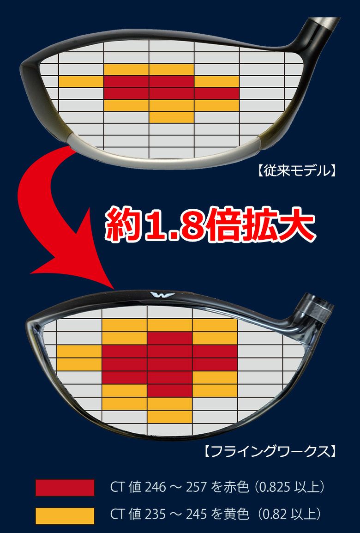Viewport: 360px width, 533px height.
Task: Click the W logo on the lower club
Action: point(162,295)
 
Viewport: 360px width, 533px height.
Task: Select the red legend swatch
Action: point(65,487)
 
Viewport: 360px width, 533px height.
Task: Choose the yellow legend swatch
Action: point(65,515)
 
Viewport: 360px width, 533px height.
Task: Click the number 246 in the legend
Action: point(156,487)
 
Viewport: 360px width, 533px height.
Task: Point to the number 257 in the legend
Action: point(196,487)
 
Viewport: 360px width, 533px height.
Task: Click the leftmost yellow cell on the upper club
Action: point(81,82)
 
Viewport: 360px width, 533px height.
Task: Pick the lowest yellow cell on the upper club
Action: point(172,117)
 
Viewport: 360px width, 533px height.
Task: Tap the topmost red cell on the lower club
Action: point(170,338)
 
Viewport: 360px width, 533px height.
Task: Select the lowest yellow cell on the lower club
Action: point(170,417)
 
